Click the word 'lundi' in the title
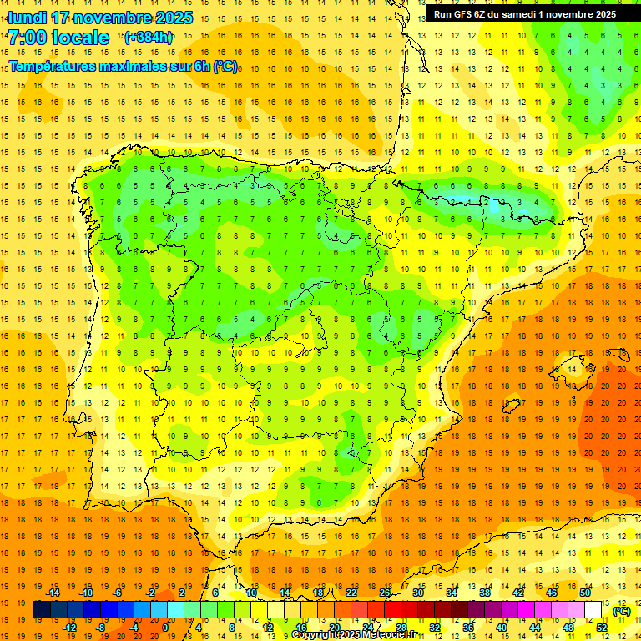click(x=28, y=18)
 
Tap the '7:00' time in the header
click(x=27, y=38)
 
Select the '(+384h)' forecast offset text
click(x=148, y=37)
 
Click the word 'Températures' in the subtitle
click(x=49, y=66)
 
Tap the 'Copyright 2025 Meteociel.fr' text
click(x=354, y=635)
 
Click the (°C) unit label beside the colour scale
click(x=622, y=611)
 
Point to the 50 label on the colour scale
click(x=585, y=593)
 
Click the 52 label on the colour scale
click(x=602, y=628)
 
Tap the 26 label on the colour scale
click(x=385, y=593)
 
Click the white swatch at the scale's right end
click(x=593, y=610)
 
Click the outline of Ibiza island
click(x=512, y=406)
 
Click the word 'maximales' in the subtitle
click(x=139, y=66)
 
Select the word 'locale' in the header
click(x=80, y=38)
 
